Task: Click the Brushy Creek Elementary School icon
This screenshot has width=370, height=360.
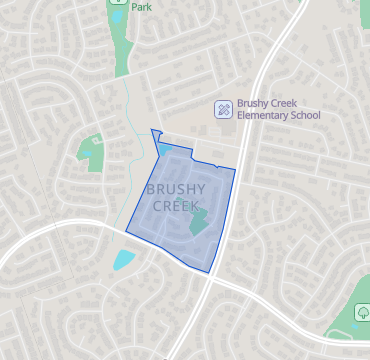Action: pyautogui.click(x=223, y=109)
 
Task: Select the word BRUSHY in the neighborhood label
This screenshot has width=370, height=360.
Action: pyautogui.click(x=175, y=189)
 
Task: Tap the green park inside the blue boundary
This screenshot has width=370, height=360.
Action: pyautogui.click(x=196, y=221)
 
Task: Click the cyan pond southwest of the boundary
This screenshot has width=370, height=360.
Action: pyautogui.click(x=124, y=259)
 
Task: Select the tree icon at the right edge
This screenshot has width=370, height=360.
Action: pyautogui.click(x=361, y=313)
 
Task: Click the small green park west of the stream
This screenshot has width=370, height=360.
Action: pyautogui.click(x=92, y=149)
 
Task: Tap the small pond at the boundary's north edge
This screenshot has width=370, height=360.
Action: pyautogui.click(x=165, y=150)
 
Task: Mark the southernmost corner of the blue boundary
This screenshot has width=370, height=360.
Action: pyautogui.click(x=208, y=272)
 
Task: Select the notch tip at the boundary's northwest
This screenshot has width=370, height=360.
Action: pyautogui.click(x=151, y=130)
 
